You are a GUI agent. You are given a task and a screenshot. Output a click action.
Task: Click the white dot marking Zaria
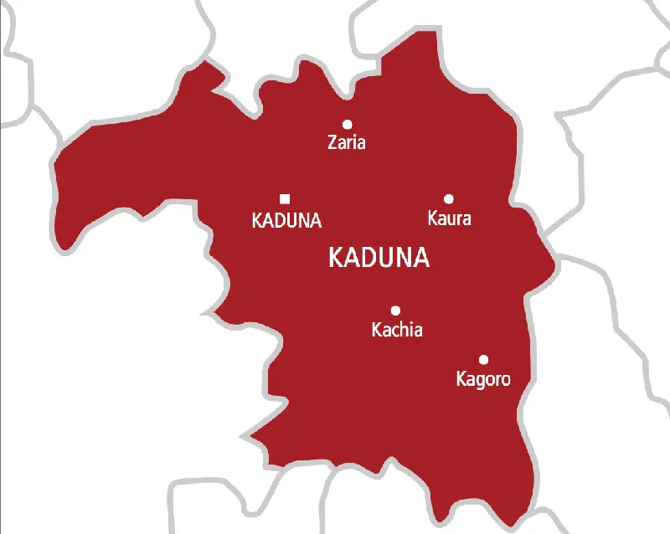(347, 124)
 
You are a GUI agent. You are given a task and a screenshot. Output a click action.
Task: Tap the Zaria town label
(347, 143)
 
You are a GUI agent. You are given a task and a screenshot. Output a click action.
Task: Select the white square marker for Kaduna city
(285, 198)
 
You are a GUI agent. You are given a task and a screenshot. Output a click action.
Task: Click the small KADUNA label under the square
(286, 221)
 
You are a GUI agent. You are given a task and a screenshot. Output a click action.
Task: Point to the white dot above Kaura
(449, 198)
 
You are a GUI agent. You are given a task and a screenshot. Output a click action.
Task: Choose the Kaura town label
(449, 219)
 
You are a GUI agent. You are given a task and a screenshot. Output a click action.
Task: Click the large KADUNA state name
(379, 258)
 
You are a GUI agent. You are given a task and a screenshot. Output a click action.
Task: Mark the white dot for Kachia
(395, 310)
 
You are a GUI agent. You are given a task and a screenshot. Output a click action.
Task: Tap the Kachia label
(397, 331)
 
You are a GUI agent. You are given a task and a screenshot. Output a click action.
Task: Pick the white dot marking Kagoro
(483, 360)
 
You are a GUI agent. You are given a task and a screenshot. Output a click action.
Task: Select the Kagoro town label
(482, 380)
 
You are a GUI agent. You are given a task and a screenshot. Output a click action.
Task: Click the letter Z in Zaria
(332, 143)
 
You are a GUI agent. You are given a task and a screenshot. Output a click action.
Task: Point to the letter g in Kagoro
(478, 382)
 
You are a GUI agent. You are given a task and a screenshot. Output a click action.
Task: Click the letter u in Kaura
(450, 220)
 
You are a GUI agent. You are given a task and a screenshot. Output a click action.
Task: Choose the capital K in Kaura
(432, 219)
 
